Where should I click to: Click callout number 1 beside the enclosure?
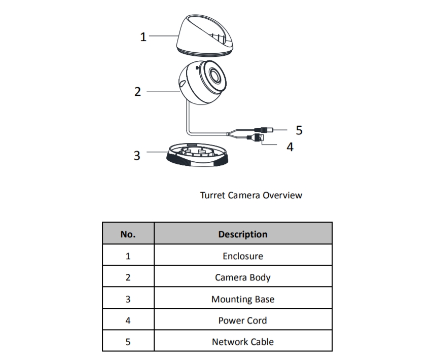143,37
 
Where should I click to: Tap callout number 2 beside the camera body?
137,92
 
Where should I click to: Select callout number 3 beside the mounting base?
136,155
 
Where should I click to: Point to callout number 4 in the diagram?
290,147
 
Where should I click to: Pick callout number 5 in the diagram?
299,130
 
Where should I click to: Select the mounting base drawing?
197,156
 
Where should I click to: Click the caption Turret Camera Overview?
251,195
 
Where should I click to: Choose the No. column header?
128,234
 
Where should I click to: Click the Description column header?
243,234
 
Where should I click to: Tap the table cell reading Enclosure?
243,256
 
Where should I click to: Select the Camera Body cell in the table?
243,277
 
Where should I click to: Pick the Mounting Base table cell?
243,299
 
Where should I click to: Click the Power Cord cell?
243,320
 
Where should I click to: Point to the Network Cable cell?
243,342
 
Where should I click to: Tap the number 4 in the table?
128,320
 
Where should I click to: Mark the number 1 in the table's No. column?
128,256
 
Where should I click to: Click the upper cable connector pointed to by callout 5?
266,129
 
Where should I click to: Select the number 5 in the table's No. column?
128,342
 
